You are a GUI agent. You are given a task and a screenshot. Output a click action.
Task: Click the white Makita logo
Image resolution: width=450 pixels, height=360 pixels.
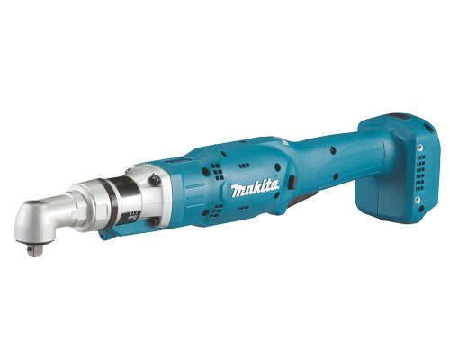pos(255,189)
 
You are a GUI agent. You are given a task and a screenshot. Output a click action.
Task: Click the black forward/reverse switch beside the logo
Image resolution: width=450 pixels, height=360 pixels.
pos(292,183)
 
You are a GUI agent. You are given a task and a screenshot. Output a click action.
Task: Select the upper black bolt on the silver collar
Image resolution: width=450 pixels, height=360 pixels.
pos(155,180)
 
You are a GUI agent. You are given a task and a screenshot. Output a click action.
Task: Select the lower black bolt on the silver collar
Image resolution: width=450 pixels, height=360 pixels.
pos(155,221)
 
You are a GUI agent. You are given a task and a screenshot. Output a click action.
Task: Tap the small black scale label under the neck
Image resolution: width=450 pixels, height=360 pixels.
pos(134,215)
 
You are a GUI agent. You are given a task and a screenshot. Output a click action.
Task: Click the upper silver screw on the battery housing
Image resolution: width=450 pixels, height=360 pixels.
pos(421,148)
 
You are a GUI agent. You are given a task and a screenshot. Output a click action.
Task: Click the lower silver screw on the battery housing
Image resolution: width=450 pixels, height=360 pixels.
pos(418,199)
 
